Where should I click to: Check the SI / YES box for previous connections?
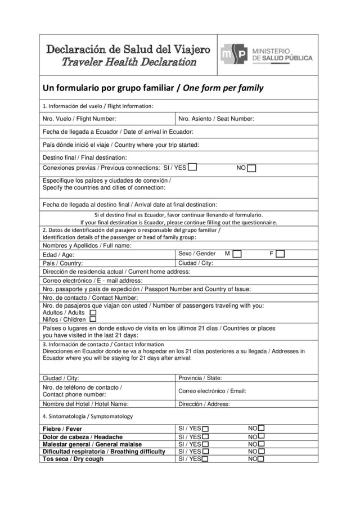coord(192,167)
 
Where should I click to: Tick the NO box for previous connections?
coord(251,168)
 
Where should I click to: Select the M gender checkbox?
coord(237,254)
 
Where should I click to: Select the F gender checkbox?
coord(280,254)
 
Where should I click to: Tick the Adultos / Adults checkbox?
coord(93,312)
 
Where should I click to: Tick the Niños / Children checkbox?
coord(93,319)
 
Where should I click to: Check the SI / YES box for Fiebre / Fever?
coord(205,429)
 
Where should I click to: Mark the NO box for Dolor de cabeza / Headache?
coord(261,436)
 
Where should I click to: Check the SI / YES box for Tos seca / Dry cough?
coord(205,459)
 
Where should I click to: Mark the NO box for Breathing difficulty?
coord(261,451)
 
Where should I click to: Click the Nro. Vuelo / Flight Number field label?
coord(79,119)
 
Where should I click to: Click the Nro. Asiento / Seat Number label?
coord(216,119)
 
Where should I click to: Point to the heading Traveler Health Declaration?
coord(128,62)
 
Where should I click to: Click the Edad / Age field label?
coord(58,255)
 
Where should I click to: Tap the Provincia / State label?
coord(200,378)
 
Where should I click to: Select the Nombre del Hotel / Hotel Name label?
coord(85,403)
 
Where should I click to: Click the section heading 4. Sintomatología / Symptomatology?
coord(88,416)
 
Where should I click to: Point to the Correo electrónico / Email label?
coord(212,391)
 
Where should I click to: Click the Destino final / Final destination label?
coord(85,157)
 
